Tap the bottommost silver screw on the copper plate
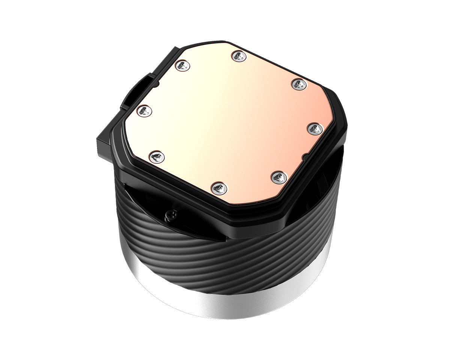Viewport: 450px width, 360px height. [218, 186]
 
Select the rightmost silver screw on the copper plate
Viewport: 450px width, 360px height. [315, 129]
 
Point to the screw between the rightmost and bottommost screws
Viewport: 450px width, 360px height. [278, 176]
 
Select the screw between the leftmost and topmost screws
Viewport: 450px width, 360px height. [183, 66]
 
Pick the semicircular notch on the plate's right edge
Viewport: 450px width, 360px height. [306, 154]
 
